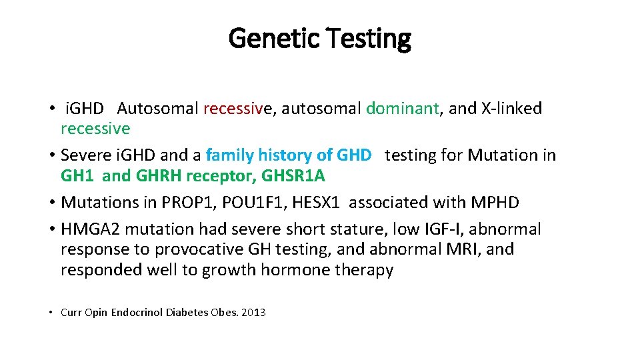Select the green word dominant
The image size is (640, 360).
pos(402,108)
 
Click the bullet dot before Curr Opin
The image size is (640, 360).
pos(51,312)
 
